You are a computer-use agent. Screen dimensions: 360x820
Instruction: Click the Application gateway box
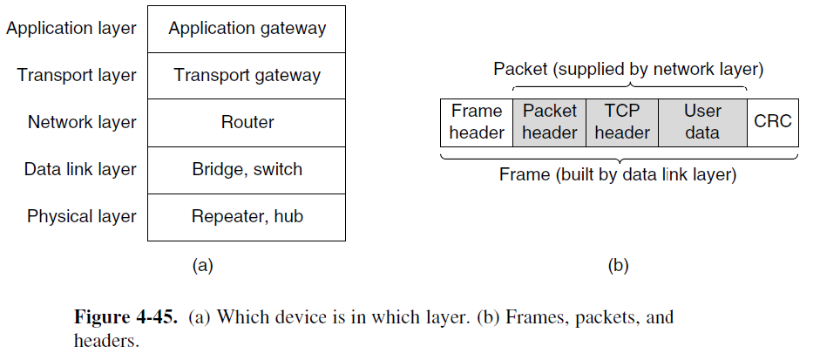[x=247, y=28]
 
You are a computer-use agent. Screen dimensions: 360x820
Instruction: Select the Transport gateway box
[x=247, y=75]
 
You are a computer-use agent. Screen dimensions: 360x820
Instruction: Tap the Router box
[x=247, y=122]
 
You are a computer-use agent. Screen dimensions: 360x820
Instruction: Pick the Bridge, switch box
[x=247, y=169]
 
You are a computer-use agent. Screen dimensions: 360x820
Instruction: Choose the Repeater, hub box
[x=247, y=216]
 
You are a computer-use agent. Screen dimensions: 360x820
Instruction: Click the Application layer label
[x=71, y=28]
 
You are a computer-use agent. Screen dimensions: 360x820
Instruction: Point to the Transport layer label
[x=77, y=75]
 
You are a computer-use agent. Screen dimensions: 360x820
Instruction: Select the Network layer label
[x=82, y=122]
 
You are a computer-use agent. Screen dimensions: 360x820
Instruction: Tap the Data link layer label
[x=80, y=169]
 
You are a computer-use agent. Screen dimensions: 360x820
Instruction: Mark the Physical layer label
[x=82, y=216]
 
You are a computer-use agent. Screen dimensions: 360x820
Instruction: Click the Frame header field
[x=477, y=122]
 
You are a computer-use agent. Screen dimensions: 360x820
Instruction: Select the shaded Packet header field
[x=550, y=122]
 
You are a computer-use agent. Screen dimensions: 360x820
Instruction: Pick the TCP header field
[x=622, y=122]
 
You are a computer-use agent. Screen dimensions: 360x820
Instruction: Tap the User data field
[x=702, y=122]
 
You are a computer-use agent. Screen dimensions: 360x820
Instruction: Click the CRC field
[x=772, y=121]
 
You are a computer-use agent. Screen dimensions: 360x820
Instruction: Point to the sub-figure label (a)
[x=202, y=267]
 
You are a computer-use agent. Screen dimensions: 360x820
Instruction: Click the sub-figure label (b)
[x=618, y=267]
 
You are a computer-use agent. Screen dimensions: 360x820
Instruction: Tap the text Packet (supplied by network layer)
[x=628, y=69]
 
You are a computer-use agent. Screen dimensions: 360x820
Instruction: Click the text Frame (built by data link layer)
[x=618, y=175]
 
